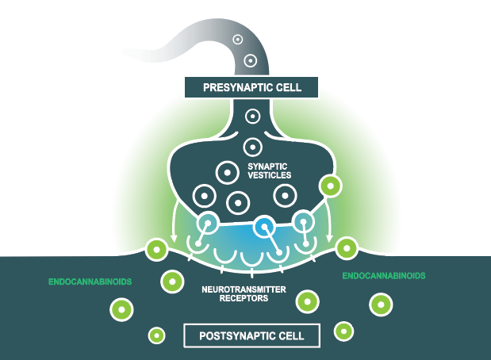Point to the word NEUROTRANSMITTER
(246, 290)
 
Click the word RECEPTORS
(246, 299)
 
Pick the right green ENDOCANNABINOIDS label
(384, 276)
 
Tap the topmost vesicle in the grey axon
(237, 39)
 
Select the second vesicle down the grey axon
(250, 59)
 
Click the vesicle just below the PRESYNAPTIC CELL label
(253, 117)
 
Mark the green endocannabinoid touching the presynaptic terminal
(329, 187)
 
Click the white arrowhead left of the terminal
(174, 238)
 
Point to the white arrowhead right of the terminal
(328, 238)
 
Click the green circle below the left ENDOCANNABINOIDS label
(121, 309)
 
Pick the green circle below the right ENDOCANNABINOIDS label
(382, 304)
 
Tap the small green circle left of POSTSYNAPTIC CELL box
(157, 335)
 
